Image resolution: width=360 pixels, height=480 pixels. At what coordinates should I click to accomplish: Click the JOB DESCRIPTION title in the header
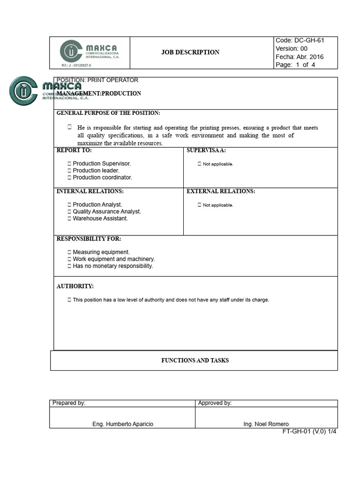point(190,52)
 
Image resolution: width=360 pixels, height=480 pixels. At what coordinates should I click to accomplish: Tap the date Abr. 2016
point(310,57)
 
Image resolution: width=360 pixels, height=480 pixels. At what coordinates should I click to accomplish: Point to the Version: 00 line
point(292,48)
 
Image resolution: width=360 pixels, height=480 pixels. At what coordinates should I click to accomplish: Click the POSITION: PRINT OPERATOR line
point(97,80)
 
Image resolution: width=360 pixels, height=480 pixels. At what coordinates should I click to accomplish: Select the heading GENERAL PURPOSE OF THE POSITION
point(108,113)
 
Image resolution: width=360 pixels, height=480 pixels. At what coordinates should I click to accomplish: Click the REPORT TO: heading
point(74,150)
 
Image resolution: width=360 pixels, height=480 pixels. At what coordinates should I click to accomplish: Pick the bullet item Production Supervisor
point(102,164)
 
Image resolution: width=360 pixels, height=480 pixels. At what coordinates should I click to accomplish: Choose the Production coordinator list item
point(102,178)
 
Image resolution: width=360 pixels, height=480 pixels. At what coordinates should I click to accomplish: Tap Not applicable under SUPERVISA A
point(218,164)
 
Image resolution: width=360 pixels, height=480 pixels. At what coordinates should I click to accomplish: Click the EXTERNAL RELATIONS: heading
point(221,191)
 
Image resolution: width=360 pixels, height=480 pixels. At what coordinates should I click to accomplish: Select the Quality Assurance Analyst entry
point(107,211)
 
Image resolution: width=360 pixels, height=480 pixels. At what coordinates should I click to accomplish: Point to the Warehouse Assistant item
point(100,218)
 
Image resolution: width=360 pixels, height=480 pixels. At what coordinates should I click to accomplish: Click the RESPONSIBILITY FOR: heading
point(89,239)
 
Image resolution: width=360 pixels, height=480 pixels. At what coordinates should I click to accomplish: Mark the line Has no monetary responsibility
point(113,266)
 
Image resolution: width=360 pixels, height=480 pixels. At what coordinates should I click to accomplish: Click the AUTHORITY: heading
point(75,286)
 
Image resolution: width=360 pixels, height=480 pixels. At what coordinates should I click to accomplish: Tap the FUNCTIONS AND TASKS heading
point(195,360)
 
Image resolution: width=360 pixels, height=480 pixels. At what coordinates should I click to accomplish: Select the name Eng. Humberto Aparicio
point(123,424)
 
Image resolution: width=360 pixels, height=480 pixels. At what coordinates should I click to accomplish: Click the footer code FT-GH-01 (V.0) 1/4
point(309,431)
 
